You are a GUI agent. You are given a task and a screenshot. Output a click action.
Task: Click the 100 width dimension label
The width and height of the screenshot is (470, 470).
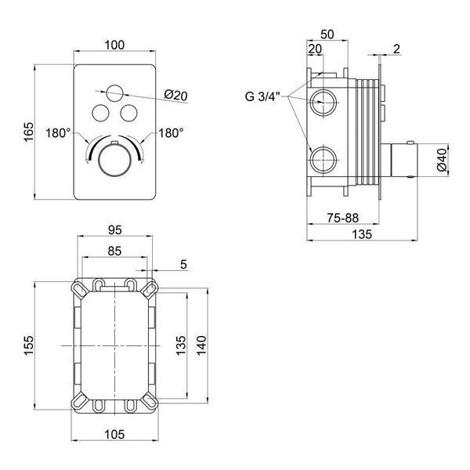point(114,45)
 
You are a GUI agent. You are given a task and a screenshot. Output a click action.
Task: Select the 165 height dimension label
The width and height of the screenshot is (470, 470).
point(29,132)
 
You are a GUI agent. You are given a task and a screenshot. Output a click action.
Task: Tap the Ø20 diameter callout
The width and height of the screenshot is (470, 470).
point(175,96)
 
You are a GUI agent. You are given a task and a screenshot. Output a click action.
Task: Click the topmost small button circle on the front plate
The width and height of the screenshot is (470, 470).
point(114,93)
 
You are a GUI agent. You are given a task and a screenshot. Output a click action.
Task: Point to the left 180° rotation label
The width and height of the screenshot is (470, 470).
point(58,133)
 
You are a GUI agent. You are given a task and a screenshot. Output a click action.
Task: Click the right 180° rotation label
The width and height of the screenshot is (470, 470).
point(171,133)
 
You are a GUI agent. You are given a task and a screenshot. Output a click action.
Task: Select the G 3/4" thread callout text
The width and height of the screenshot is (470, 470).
point(262,96)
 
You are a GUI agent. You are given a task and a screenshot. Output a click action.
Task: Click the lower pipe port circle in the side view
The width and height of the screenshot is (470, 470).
point(323,160)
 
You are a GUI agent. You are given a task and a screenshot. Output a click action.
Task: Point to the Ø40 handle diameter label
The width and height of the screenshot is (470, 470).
point(442,160)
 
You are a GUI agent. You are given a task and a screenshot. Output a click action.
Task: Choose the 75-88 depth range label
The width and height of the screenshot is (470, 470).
point(342,218)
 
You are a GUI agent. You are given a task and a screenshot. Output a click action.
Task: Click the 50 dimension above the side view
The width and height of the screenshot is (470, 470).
point(327,34)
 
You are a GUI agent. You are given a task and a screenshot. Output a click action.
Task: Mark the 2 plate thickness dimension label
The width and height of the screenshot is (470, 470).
point(396,49)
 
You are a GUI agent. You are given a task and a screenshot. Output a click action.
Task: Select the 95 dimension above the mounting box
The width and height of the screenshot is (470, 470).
point(115,230)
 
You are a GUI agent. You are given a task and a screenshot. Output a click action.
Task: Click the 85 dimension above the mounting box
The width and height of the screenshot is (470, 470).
point(114,251)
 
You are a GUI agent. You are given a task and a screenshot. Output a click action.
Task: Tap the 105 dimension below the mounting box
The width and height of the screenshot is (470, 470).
point(114,434)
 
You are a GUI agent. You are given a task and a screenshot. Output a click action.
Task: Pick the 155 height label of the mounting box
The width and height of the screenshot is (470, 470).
point(29,346)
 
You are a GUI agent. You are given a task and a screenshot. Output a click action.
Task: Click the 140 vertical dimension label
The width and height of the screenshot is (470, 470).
point(202,346)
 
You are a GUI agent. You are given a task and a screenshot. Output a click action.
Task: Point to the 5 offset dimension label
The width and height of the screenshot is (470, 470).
point(183,265)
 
